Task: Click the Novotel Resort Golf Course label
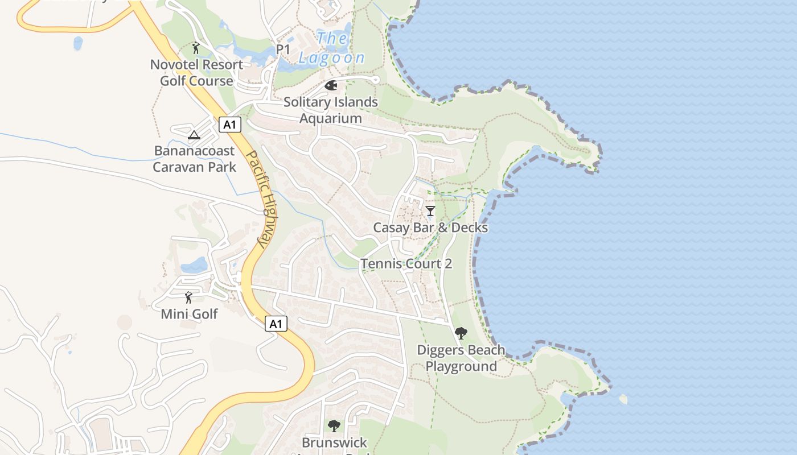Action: [x=196, y=73]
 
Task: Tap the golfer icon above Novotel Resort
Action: [x=196, y=48]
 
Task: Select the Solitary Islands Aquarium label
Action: [x=331, y=110]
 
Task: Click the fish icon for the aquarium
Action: [x=331, y=86]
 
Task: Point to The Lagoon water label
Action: [x=332, y=48]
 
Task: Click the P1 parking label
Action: [x=283, y=50]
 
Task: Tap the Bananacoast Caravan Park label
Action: [x=194, y=159]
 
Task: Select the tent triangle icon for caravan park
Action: [x=194, y=135]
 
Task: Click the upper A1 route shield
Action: [x=229, y=125]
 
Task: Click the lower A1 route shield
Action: [x=276, y=324]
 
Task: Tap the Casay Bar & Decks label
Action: [x=430, y=227]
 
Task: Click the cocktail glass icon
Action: [x=430, y=211]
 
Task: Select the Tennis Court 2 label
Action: [x=406, y=264]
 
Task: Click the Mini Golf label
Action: [x=189, y=313]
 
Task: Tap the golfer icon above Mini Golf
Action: [x=188, y=297]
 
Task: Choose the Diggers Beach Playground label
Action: [x=461, y=358]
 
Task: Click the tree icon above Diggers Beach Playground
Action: [x=461, y=333]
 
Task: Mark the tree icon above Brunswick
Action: [x=334, y=425]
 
